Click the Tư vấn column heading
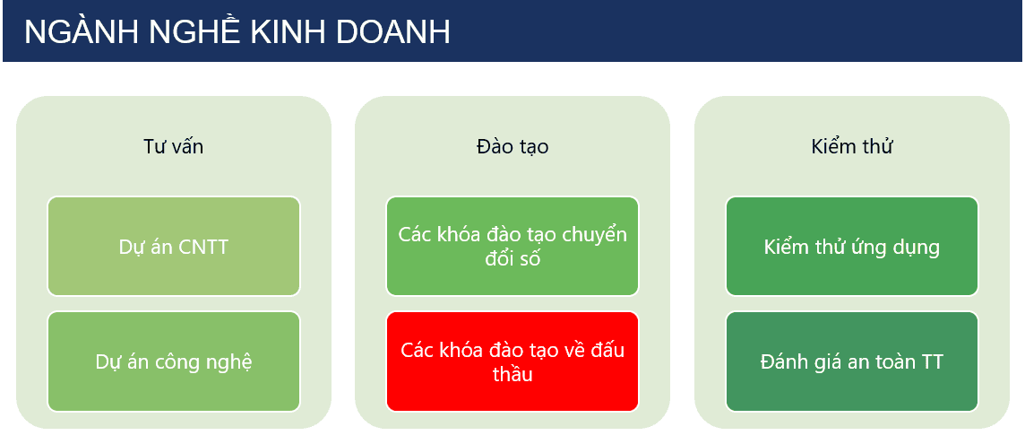pyautogui.click(x=173, y=147)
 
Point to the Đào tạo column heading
pyautogui.click(x=512, y=147)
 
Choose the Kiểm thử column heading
pyautogui.click(x=852, y=146)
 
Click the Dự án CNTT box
pyautogui.click(x=174, y=247)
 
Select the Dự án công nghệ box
pyautogui.click(x=174, y=361)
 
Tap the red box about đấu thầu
pyautogui.click(x=512, y=361)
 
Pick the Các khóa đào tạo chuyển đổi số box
pyautogui.click(x=512, y=247)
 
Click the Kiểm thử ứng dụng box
pyautogui.click(x=852, y=247)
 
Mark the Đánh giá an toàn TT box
pyautogui.click(x=852, y=361)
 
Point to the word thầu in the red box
pyautogui.click(x=512, y=374)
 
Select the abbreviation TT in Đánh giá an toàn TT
pyautogui.click(x=930, y=361)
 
